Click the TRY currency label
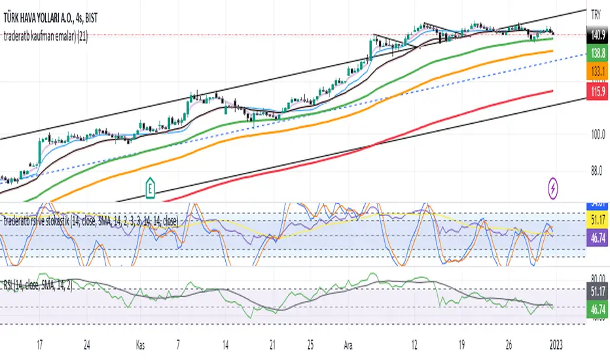coord(596,12)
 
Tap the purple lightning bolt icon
coord(554,190)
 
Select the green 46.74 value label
coord(596,306)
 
